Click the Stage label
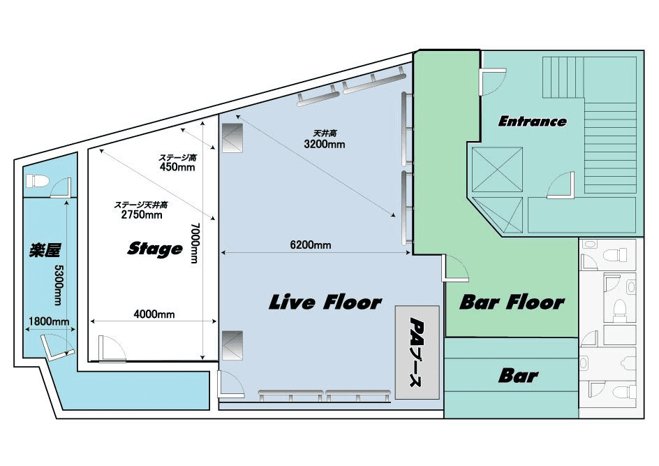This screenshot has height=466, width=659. (155, 249)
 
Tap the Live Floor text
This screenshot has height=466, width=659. (325, 302)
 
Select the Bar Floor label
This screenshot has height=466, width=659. (512, 302)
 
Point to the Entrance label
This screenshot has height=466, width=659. (533, 122)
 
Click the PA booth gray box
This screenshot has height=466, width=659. (417, 352)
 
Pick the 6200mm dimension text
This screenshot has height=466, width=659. (311, 245)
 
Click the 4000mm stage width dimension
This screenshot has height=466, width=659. (154, 314)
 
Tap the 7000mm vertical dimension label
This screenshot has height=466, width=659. (195, 243)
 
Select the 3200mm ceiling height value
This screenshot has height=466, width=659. (325, 144)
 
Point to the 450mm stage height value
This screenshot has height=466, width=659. (177, 167)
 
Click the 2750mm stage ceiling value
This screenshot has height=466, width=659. (142, 214)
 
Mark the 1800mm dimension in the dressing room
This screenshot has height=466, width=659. (49, 321)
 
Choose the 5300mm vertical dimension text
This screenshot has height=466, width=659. (59, 286)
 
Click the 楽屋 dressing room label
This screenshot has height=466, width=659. (45, 250)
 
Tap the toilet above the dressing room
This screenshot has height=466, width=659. (37, 181)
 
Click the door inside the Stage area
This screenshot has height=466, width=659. (112, 349)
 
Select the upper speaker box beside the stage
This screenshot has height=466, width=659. (232, 138)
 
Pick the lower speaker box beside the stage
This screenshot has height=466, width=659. (232, 345)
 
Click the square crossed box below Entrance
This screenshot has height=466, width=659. (497, 170)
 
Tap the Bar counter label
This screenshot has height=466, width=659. (518, 376)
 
